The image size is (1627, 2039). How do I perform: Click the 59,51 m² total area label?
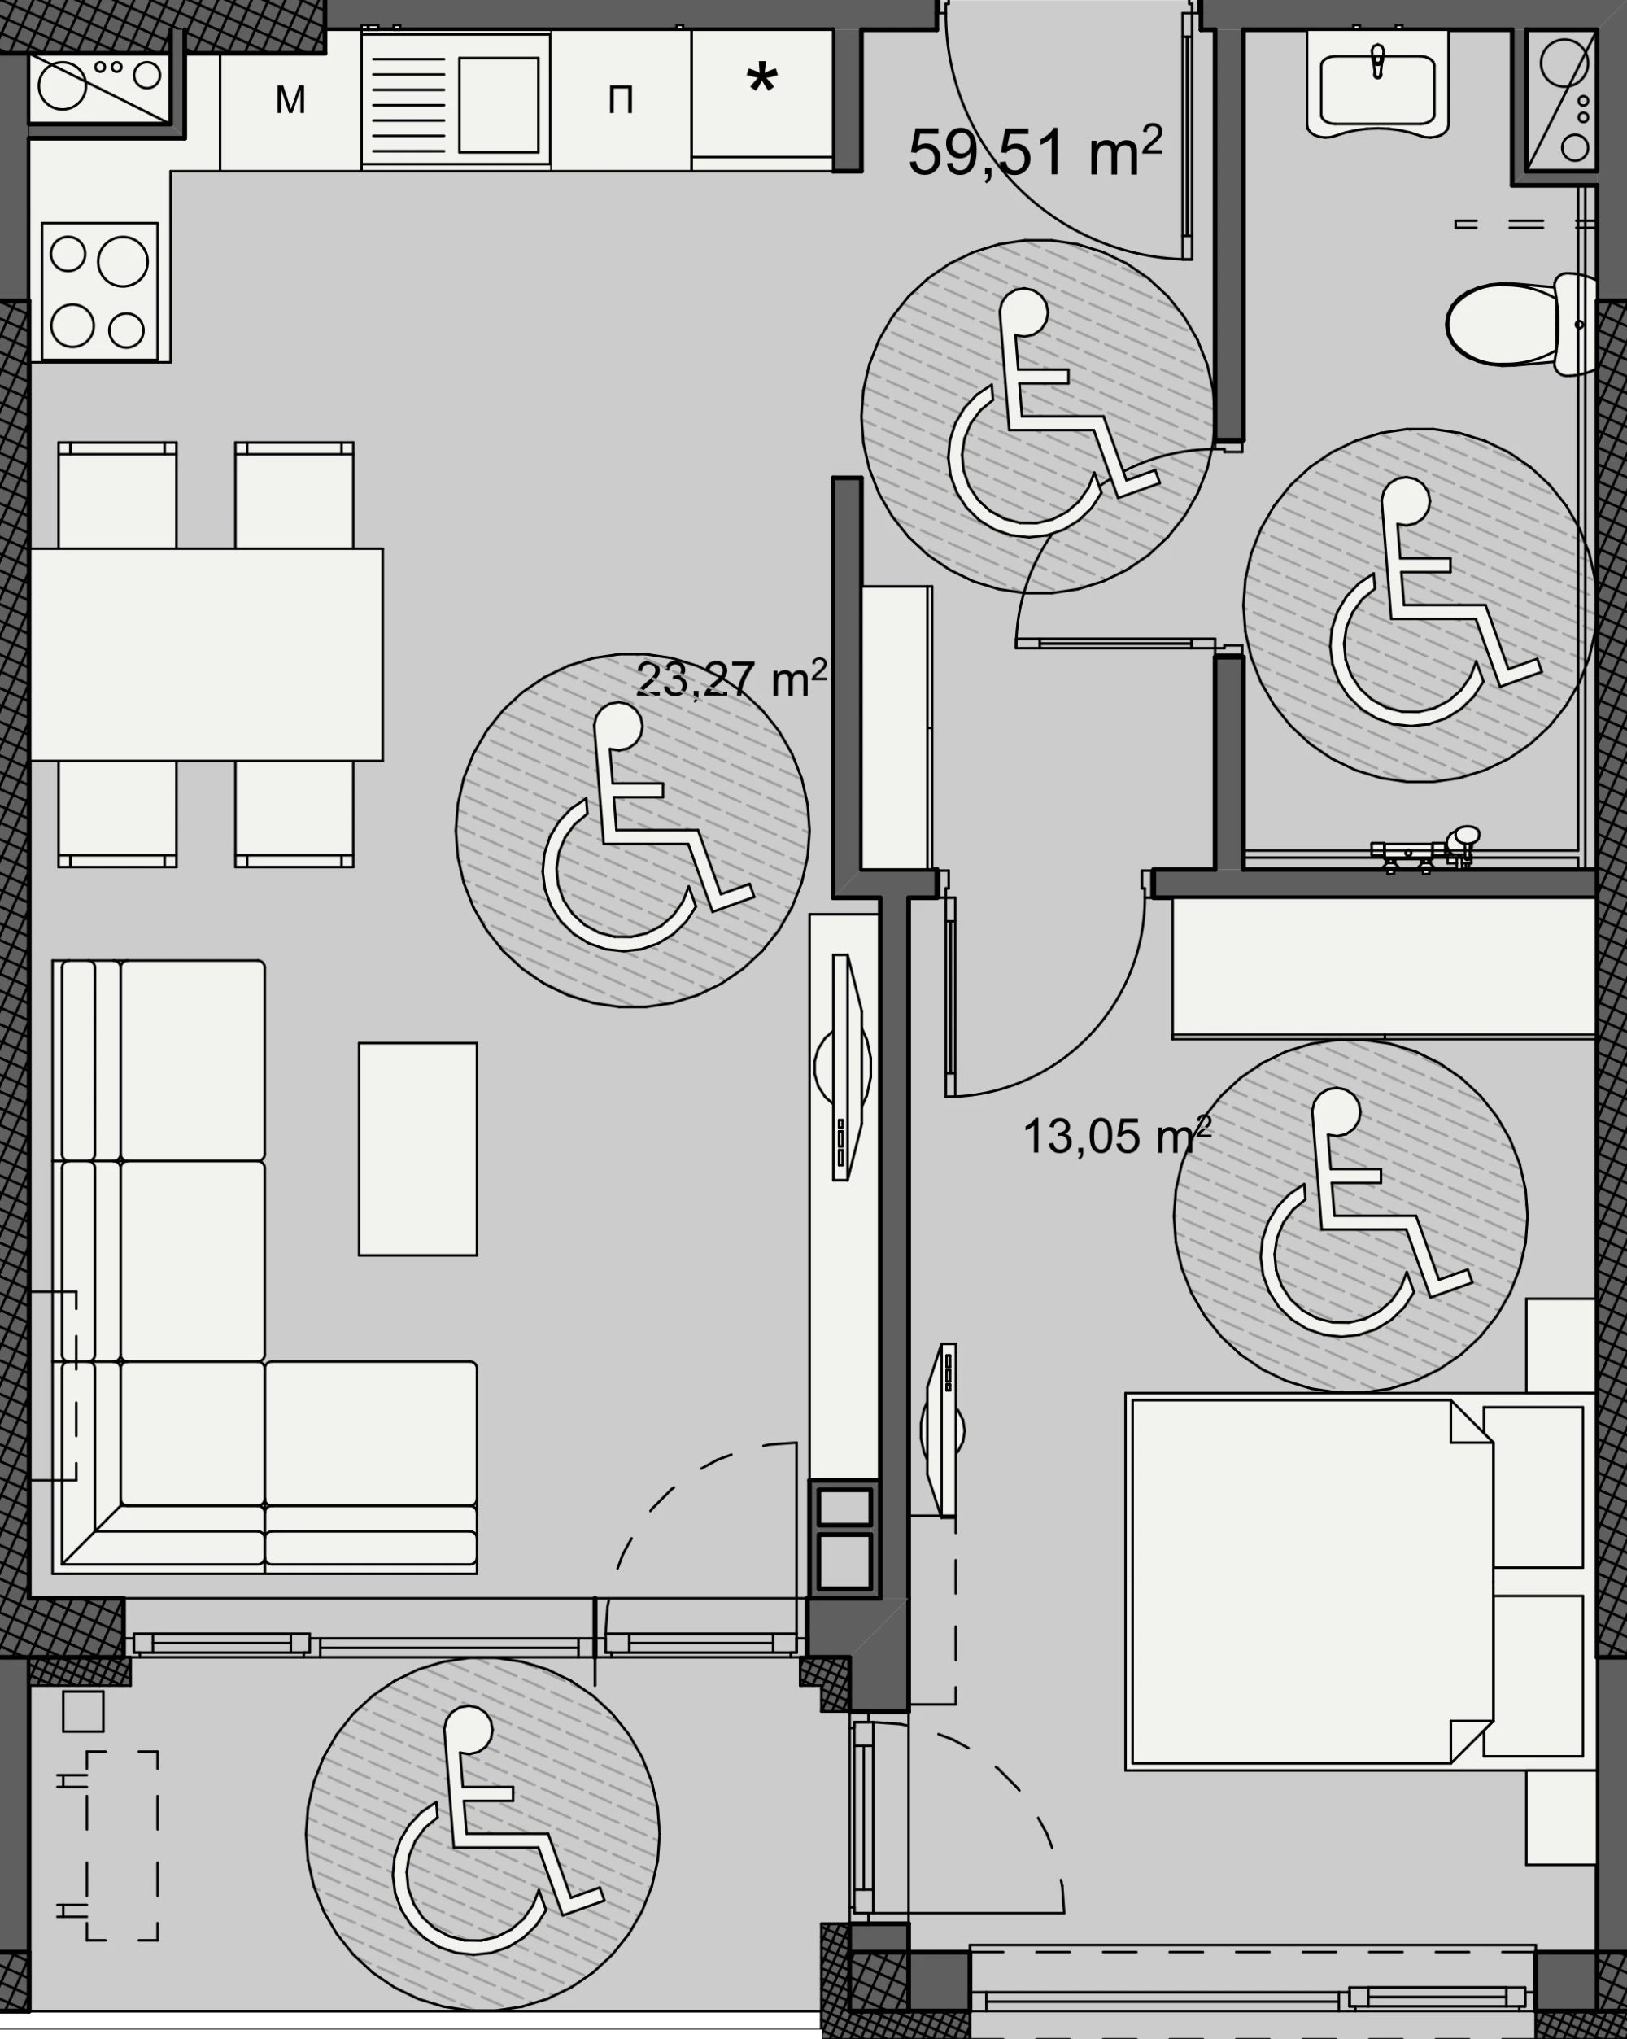1036,151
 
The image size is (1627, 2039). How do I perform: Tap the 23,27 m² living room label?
731,679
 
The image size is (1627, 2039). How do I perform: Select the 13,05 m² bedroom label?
1116,1135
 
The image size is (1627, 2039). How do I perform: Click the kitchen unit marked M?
290,99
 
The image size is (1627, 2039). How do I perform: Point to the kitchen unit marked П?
620,99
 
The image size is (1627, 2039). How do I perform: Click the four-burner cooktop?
99,291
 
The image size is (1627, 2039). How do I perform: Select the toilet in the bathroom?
1520,324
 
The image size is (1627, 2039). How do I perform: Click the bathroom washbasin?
1377,85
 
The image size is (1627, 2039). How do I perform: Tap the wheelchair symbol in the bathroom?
1419,605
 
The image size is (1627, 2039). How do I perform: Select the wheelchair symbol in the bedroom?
1350,1216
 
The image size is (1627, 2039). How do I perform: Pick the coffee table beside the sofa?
418,1149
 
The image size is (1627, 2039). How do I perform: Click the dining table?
207,654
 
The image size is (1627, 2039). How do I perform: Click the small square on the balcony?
83,1711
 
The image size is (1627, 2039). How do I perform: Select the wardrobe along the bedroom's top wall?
1384,968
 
